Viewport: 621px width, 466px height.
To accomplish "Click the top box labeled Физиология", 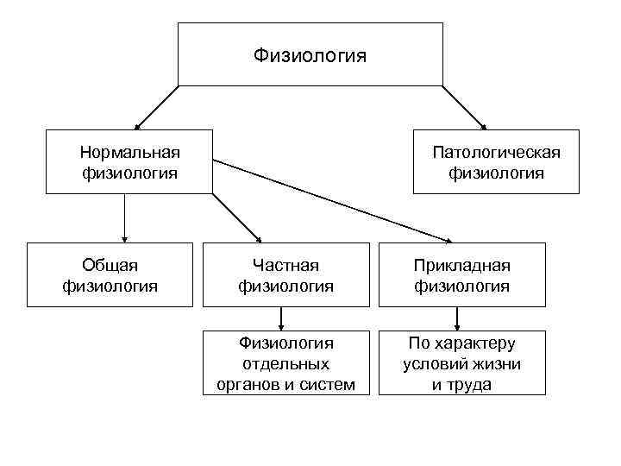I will click(x=310, y=54).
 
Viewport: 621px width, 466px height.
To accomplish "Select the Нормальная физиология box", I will click(x=129, y=162).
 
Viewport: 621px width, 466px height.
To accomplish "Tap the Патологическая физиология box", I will click(x=496, y=162).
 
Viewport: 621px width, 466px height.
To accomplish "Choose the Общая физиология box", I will click(x=110, y=274).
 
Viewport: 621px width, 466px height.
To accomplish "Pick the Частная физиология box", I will click(x=285, y=274).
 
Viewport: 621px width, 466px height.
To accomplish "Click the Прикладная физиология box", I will click(x=461, y=274).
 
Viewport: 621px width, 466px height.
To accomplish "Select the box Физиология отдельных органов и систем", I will click(x=285, y=363).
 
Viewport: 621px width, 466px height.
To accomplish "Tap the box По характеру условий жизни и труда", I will click(x=461, y=363).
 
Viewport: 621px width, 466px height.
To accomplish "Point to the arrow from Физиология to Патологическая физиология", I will click(x=465, y=107).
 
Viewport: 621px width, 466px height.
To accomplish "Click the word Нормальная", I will click(x=129, y=153).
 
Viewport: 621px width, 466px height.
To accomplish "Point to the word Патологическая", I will click(x=496, y=153).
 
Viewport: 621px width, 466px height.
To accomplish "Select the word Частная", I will click(x=285, y=265).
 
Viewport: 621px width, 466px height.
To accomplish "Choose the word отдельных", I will click(x=285, y=363).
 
